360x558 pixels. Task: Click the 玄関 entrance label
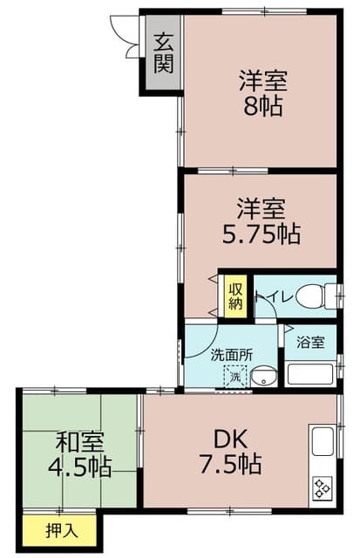tap(163, 52)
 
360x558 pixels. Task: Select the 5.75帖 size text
tap(261, 234)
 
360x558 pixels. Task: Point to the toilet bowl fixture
tap(312, 297)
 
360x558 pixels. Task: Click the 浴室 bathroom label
tap(310, 342)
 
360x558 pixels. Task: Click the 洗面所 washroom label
tap(231, 355)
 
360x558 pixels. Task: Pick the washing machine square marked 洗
tap(234, 378)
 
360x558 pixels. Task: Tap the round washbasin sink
tap(263, 378)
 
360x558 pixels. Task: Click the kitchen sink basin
tap(321, 439)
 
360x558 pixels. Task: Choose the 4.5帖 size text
tap(78, 466)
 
